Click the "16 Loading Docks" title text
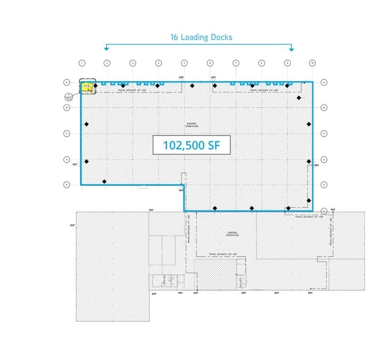tap(201, 37)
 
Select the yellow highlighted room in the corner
tap(85, 87)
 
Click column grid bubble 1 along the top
tap(82, 63)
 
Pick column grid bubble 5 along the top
tap(184, 63)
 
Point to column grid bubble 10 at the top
tap(313, 63)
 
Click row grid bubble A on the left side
tap(67, 82)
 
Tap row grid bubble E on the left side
tap(67, 185)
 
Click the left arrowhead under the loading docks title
tap(107, 49)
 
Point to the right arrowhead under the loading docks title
tap(291, 49)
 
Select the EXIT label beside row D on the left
tap(75, 165)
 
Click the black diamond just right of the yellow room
tap(96, 86)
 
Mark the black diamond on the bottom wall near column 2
tap(105, 182)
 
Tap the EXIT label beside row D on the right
tap(316, 165)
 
